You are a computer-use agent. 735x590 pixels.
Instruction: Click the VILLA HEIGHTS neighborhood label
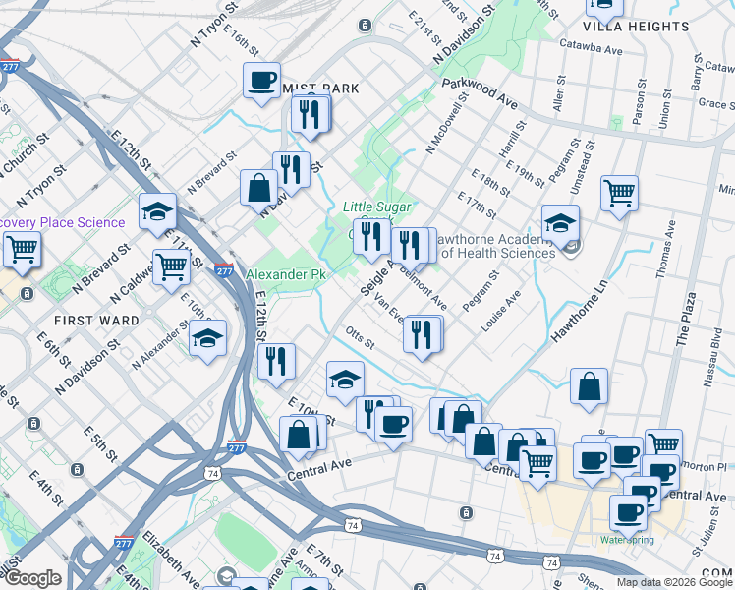click(636, 27)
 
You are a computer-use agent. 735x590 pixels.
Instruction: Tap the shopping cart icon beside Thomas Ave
click(619, 193)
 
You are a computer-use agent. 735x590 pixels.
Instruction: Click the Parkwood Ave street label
click(480, 94)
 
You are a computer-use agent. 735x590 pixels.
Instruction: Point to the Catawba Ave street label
click(591, 47)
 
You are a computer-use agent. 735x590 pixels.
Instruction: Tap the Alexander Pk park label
click(285, 274)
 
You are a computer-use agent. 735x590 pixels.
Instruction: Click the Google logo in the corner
click(31, 578)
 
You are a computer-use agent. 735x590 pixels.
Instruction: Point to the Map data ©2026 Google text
click(674, 582)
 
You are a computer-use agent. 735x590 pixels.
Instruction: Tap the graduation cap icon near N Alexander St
click(206, 337)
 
